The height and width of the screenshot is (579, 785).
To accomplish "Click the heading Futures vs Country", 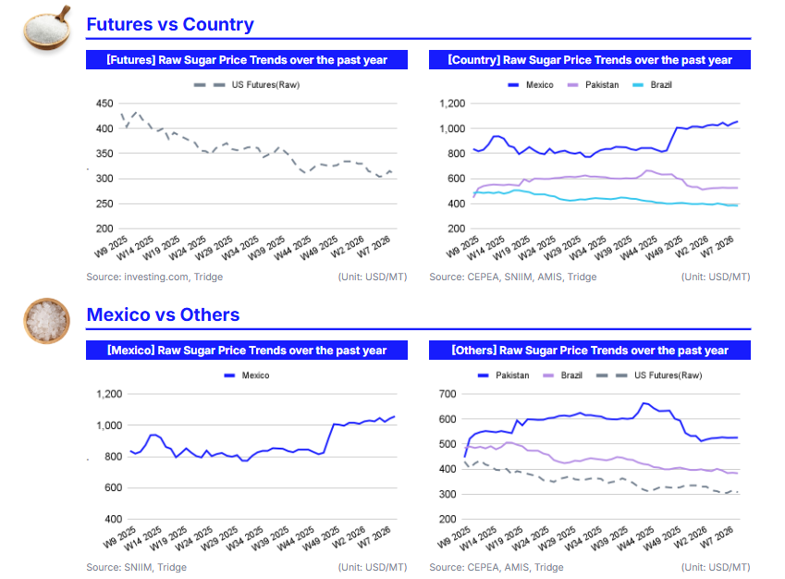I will [169, 24].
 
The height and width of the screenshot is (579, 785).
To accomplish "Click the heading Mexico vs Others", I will [163, 314].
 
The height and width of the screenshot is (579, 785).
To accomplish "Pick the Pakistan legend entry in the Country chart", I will [597, 85].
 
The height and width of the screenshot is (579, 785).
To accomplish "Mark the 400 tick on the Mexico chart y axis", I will [111, 519].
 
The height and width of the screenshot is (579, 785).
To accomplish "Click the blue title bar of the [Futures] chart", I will [246, 60].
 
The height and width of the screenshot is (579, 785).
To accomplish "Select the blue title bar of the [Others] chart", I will [590, 351].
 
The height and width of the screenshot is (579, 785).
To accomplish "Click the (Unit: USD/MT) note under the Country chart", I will [716, 277].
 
